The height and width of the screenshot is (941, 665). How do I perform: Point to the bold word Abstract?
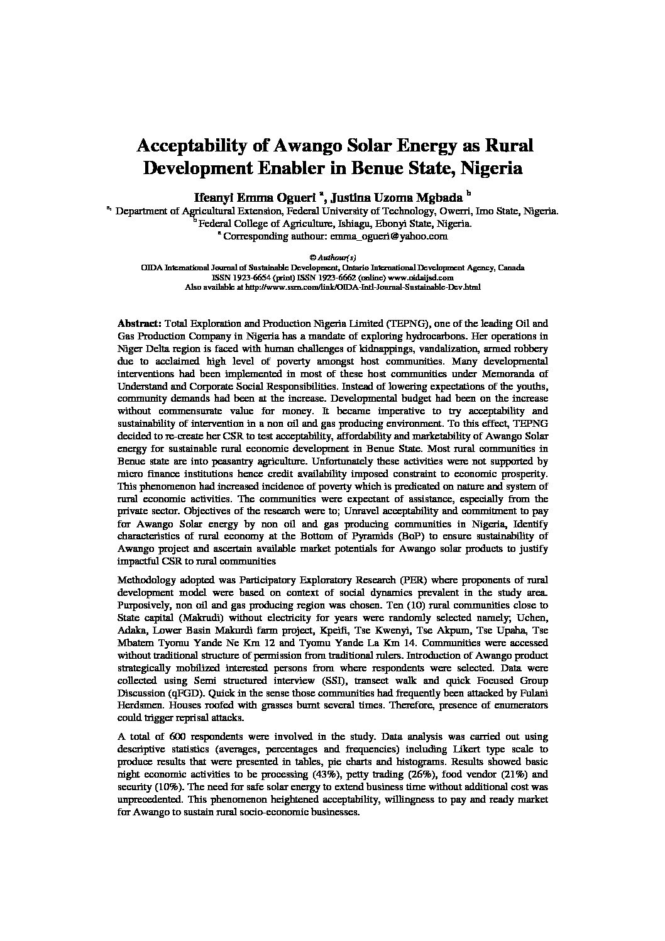[140, 323]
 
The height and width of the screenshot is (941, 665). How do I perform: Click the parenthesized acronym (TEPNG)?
[409, 323]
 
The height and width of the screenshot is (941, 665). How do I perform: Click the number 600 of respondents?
[177, 736]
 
